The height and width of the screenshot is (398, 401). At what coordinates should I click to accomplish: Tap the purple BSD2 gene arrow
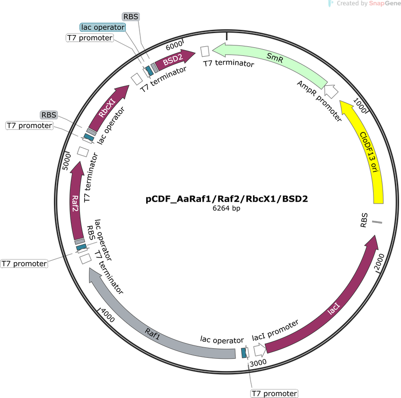pos(174,60)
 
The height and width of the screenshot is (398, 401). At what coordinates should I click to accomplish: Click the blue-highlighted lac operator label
pos(103,27)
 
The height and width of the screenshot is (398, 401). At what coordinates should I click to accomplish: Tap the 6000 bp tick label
pos(174,46)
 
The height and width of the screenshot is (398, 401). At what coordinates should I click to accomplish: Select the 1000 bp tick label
pos(359,106)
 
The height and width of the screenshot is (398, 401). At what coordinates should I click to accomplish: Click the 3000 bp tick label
pos(258,363)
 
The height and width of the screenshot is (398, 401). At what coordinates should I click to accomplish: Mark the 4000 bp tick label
pos(108,315)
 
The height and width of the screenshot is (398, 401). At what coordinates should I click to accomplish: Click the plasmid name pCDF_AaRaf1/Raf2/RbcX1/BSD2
pos(227,199)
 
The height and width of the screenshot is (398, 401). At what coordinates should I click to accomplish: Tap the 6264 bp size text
pos(227,208)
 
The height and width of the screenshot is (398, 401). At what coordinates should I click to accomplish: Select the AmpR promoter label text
pos(319,101)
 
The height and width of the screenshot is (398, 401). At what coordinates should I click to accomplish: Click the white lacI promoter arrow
pos(260,350)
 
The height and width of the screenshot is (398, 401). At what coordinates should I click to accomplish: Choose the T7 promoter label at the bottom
pos(274,393)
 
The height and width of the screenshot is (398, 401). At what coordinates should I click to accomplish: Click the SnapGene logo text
pos(385,3)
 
